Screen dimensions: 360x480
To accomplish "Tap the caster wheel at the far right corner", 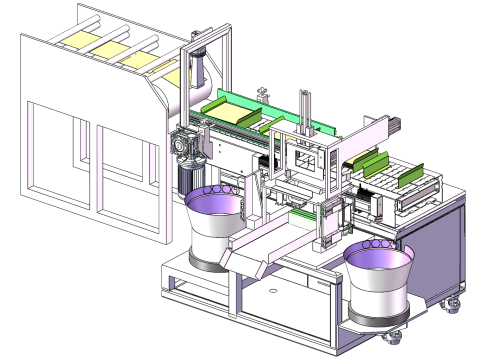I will tap(454, 300).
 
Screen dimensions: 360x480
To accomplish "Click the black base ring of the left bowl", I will tap(210, 262).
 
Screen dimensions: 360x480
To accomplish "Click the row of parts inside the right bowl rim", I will tap(379, 244).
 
